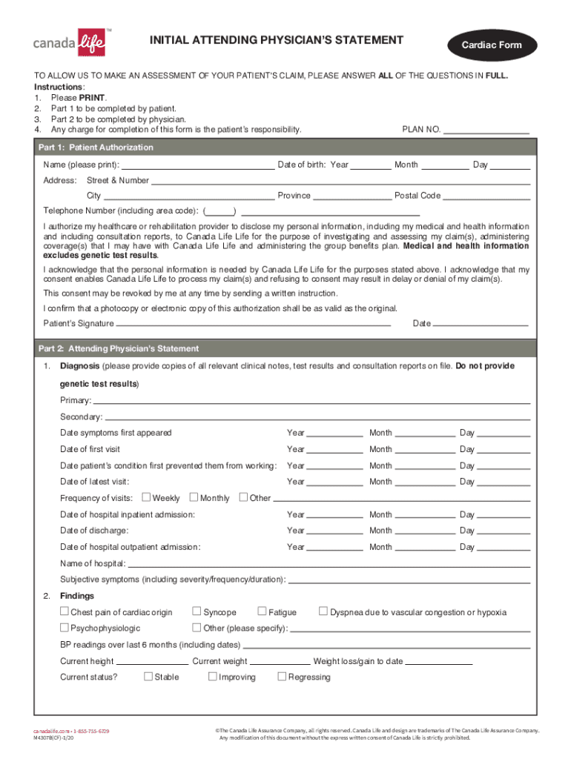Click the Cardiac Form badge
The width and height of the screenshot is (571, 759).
(492, 45)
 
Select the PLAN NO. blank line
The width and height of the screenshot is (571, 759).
(486, 131)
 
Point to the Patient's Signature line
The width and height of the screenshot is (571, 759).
(254, 324)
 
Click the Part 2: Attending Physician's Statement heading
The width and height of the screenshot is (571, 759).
(119, 348)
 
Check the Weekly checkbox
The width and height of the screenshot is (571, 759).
(146, 497)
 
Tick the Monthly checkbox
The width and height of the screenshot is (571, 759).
(194, 497)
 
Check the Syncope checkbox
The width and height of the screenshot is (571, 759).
(197, 611)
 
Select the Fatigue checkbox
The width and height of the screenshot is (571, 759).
(263, 611)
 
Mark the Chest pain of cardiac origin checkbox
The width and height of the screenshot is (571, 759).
(65, 611)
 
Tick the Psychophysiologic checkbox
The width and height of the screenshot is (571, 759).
(65, 628)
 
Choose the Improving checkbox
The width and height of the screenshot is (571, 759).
(213, 676)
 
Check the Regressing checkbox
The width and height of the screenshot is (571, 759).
(282, 676)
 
